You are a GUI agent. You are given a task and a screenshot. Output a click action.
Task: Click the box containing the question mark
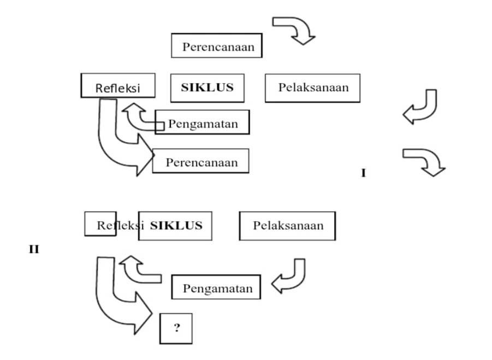(176, 328)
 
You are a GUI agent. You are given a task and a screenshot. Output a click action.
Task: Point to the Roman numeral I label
(364, 173)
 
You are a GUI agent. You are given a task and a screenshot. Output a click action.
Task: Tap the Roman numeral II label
(34, 249)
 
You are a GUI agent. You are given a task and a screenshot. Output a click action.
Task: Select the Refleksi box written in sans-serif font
(118, 85)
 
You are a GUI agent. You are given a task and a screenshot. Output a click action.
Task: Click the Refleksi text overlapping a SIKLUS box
(120, 226)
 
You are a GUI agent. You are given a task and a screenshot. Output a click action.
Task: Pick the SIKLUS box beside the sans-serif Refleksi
(208, 88)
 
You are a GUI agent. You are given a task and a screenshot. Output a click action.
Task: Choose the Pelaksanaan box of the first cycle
(312, 88)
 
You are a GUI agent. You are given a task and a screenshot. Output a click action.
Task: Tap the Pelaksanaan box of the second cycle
(287, 226)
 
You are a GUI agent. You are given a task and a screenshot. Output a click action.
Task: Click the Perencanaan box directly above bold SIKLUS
(217, 45)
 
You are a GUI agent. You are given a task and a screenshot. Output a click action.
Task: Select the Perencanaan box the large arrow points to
(201, 161)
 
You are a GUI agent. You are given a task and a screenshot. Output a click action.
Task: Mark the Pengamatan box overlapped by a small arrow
(203, 122)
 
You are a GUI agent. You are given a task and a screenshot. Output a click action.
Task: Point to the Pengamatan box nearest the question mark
(216, 287)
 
